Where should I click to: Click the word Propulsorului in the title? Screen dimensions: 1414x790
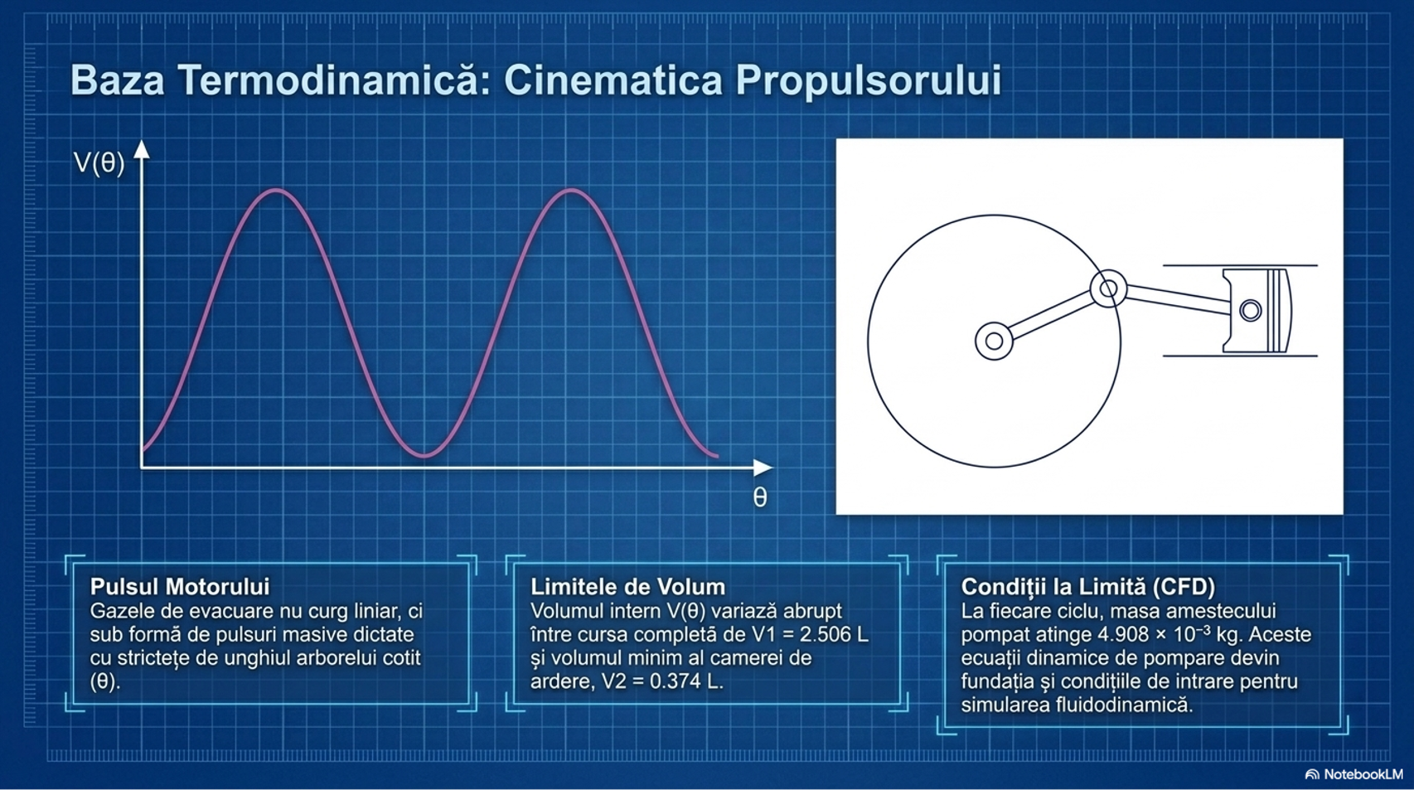tap(869, 81)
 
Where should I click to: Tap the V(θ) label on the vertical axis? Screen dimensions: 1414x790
tap(99, 163)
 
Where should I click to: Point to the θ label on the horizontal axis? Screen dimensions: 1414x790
tap(760, 497)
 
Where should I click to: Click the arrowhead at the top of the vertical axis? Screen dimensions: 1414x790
tap(142, 149)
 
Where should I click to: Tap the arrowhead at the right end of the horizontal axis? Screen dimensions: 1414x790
tap(763, 468)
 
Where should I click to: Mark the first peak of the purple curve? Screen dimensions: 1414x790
tap(276, 190)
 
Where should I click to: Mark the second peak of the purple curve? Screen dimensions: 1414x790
tap(571, 190)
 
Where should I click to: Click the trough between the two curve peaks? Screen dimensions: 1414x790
tap(425, 454)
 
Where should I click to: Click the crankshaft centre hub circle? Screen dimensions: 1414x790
tap(995, 341)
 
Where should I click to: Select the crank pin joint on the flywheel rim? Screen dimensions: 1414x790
tap(1108, 289)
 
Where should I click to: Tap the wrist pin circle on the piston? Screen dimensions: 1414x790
tap(1251, 311)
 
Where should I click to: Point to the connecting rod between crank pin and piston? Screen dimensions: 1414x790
tap(1179, 300)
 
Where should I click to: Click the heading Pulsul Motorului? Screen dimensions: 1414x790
tap(180, 587)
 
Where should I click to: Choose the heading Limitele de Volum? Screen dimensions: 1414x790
tap(628, 587)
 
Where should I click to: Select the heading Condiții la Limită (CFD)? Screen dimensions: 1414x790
tap(1088, 587)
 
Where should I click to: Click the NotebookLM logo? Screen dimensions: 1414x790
tap(1354, 774)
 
